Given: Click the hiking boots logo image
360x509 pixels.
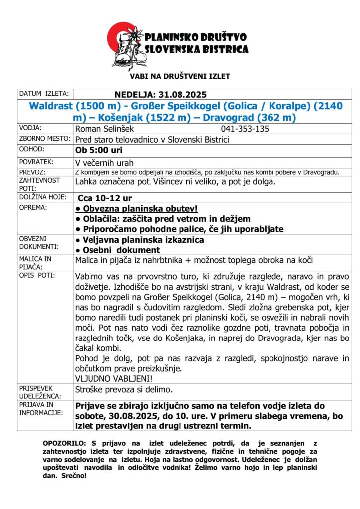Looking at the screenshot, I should point(126,45).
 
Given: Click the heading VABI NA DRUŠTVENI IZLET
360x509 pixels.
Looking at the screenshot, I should point(180,76).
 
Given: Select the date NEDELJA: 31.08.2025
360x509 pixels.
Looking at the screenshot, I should point(161,94).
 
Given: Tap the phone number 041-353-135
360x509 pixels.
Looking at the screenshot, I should point(245,129).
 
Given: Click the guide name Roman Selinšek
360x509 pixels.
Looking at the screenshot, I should point(103,129).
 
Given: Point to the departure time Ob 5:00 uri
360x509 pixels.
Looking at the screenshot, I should point(98,150).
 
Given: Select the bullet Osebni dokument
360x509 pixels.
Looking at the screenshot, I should point(117,250).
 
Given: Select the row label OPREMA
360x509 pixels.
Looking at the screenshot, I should point(33,207).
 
